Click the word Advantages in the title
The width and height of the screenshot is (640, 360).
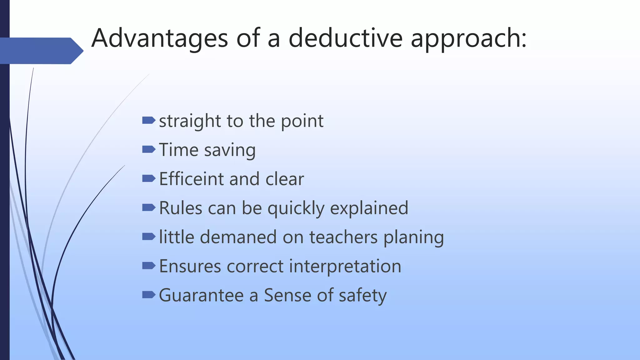click(x=160, y=38)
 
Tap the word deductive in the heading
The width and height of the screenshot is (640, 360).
click(x=345, y=38)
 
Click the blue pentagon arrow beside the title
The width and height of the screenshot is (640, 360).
click(x=41, y=51)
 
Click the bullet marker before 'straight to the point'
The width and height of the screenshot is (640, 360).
click(x=148, y=120)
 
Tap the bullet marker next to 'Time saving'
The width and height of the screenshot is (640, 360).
click(x=148, y=149)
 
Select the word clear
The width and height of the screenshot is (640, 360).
click(x=284, y=179)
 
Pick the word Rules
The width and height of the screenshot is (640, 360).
click(x=181, y=208)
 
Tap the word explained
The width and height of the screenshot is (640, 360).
click(x=369, y=208)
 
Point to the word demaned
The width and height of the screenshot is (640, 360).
click(x=238, y=237)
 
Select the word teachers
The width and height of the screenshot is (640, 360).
click(x=343, y=237)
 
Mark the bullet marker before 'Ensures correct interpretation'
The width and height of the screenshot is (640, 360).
click(x=148, y=266)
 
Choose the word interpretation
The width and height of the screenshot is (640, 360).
click(x=345, y=266)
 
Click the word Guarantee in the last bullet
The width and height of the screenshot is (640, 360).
click(x=201, y=295)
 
